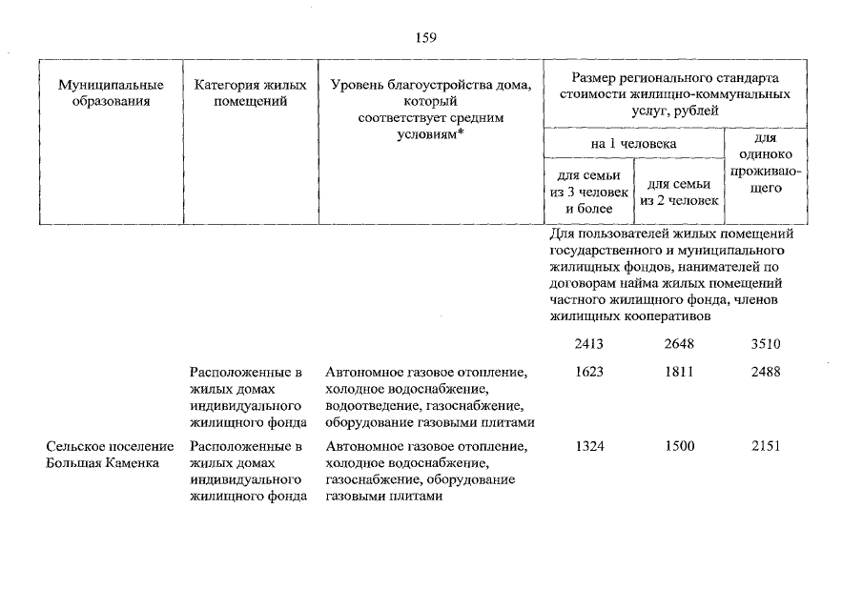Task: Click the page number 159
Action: tap(425, 38)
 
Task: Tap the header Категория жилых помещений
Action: tap(251, 93)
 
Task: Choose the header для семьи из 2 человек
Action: tap(679, 193)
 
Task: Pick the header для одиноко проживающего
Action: tap(764, 164)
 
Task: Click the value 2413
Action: tap(594, 345)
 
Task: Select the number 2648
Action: tap(679, 345)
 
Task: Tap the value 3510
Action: tap(765, 345)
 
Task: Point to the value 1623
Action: tap(594, 372)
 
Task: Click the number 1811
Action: tap(679, 372)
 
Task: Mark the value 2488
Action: tap(765, 372)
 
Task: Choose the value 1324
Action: tap(594, 447)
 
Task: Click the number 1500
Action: tap(679, 447)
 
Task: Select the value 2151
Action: tap(765, 447)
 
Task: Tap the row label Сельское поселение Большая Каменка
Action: tap(109, 455)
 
